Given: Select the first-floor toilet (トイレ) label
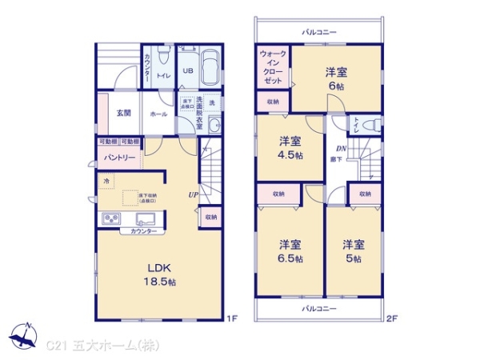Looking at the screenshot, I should point(162,76).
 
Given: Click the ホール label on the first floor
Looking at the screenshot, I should point(158,114).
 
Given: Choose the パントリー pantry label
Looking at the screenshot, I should point(118,157).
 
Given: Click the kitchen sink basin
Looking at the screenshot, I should point(146,219).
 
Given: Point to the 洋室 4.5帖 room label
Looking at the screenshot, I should point(290,149).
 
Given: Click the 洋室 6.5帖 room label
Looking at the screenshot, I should point(290,251).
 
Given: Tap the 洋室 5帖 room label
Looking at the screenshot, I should point(353,251).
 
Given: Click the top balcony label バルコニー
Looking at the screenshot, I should point(319,32).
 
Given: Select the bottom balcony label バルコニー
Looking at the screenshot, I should point(319,308).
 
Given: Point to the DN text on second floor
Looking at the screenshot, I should point(339,150).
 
